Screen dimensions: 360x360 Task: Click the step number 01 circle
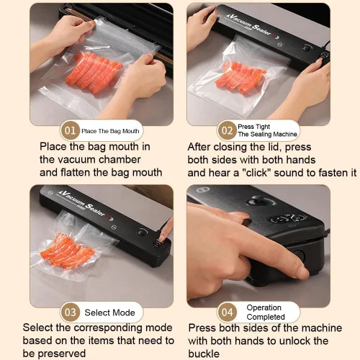coord(70,130)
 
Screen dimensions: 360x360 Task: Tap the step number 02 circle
coord(227,130)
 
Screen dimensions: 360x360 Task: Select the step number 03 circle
coord(70,312)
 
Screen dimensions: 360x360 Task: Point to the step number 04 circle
coord(227,312)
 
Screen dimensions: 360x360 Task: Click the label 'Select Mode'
coord(109,312)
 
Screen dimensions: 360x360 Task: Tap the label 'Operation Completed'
coord(266,312)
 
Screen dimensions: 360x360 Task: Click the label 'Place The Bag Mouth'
coord(110,131)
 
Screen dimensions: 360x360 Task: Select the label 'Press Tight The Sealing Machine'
coord(267,130)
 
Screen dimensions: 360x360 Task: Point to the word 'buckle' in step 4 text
coord(204,354)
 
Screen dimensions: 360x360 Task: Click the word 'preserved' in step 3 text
coord(62,354)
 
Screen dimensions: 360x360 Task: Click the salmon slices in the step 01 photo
coord(94,72)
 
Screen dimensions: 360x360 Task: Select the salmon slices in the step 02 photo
coord(240,77)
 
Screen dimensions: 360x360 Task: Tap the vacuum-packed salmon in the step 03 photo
coord(68,249)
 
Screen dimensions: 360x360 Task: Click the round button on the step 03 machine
coord(142,233)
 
